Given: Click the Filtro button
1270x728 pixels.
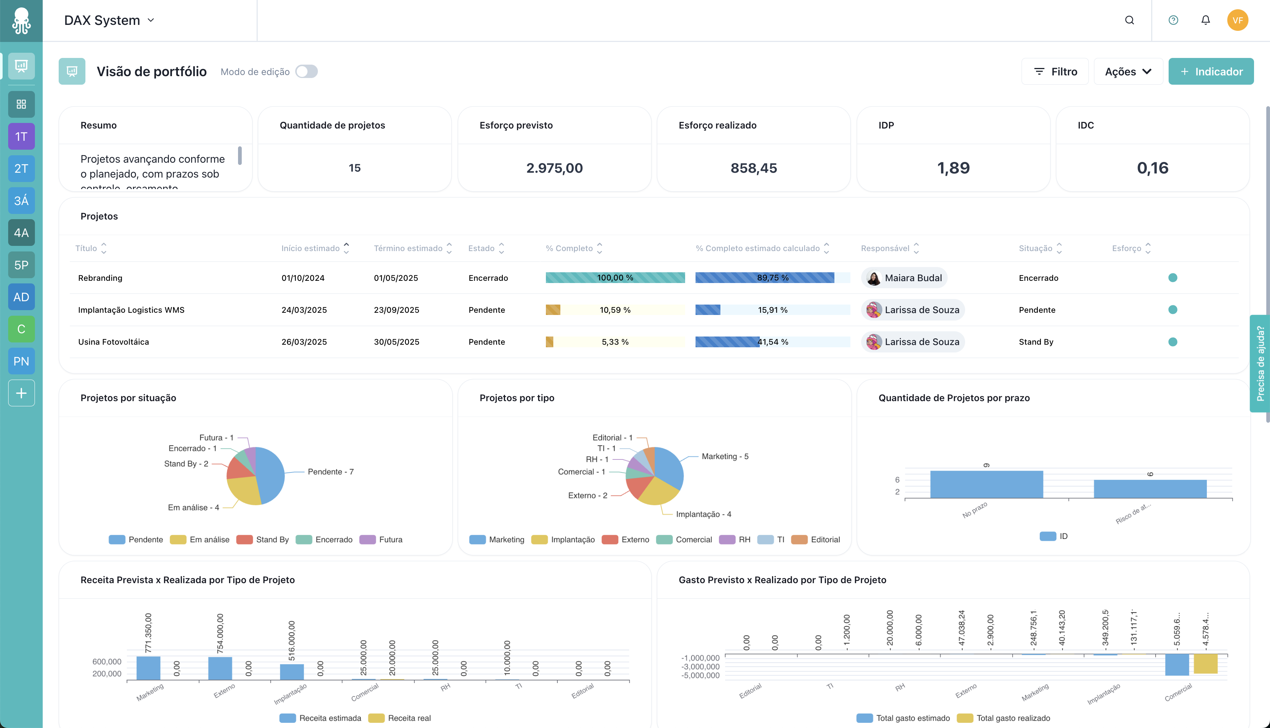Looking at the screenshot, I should point(1055,71).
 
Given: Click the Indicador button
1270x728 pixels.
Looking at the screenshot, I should point(1211,71).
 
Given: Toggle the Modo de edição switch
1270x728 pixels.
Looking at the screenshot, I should point(306,71).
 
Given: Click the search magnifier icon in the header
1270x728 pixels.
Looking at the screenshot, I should point(1129,20).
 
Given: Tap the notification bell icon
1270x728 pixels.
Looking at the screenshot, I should point(1205,20).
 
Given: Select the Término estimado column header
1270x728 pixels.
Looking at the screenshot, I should point(408,248).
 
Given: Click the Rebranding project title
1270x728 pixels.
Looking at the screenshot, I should point(100,278).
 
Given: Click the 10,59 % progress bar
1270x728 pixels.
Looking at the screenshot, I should point(615,310).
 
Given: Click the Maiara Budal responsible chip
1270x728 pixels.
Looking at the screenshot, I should point(904,278).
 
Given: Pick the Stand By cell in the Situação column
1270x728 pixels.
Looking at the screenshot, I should point(1036,342).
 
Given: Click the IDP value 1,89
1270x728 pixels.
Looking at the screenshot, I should point(953,168).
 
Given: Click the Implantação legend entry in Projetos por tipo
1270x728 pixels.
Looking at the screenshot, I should point(563,539).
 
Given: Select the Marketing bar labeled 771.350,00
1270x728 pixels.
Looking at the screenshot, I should point(148,667).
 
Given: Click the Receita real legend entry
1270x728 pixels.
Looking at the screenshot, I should point(400,718).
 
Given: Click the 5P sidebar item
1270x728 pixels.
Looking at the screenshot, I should point(21,265).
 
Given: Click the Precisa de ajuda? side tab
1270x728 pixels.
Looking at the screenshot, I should point(1260,364).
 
